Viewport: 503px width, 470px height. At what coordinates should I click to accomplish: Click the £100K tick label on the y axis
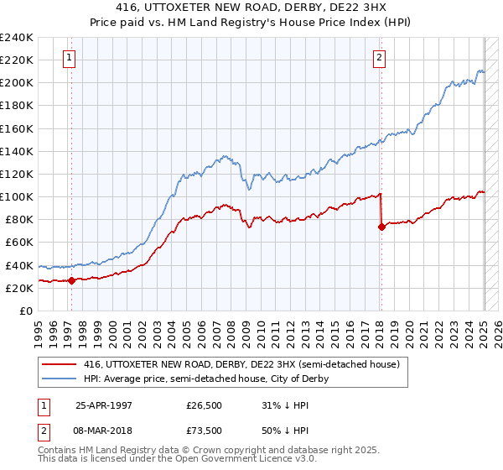[x=17, y=196]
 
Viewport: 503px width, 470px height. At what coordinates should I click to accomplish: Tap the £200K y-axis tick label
[x=17, y=83]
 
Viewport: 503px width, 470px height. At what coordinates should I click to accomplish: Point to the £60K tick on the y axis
[x=19, y=242]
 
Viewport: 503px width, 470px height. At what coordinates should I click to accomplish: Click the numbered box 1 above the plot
[x=68, y=58]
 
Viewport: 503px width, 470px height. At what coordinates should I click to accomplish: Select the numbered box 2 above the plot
[x=380, y=58]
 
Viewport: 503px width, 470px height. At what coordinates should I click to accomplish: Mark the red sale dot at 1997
[x=72, y=280]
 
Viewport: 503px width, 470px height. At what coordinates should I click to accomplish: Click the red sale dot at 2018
[x=381, y=227]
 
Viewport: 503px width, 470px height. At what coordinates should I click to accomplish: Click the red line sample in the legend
[x=60, y=364]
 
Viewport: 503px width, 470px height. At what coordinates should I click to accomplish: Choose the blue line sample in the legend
[x=60, y=379]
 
